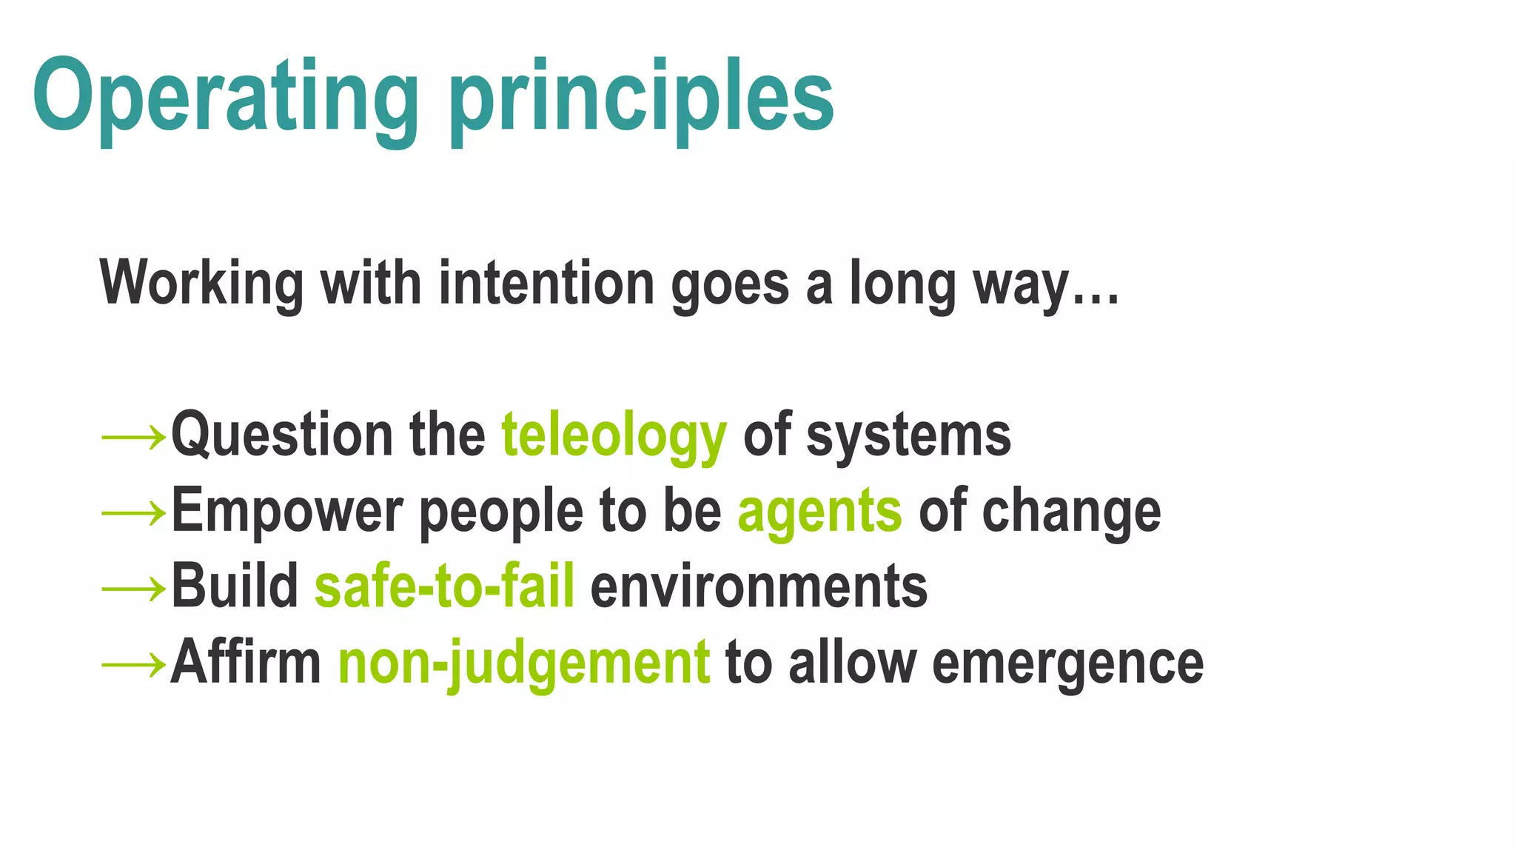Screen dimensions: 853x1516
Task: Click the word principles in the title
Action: [x=642, y=96]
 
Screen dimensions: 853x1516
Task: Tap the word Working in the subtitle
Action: [x=201, y=283]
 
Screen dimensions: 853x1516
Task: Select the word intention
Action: [x=546, y=283]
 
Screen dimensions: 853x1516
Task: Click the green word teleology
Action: [x=614, y=435]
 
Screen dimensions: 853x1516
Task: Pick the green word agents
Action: [x=819, y=511]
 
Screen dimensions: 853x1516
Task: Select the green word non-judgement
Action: [x=524, y=662]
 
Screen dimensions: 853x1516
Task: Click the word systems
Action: [x=908, y=435]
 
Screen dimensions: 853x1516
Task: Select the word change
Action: [x=1071, y=511]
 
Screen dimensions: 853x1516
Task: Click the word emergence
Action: [x=1067, y=662]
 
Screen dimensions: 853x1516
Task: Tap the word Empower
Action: [x=287, y=511]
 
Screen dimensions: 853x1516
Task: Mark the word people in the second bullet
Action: [x=501, y=511]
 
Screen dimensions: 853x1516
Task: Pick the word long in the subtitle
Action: [x=902, y=283]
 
